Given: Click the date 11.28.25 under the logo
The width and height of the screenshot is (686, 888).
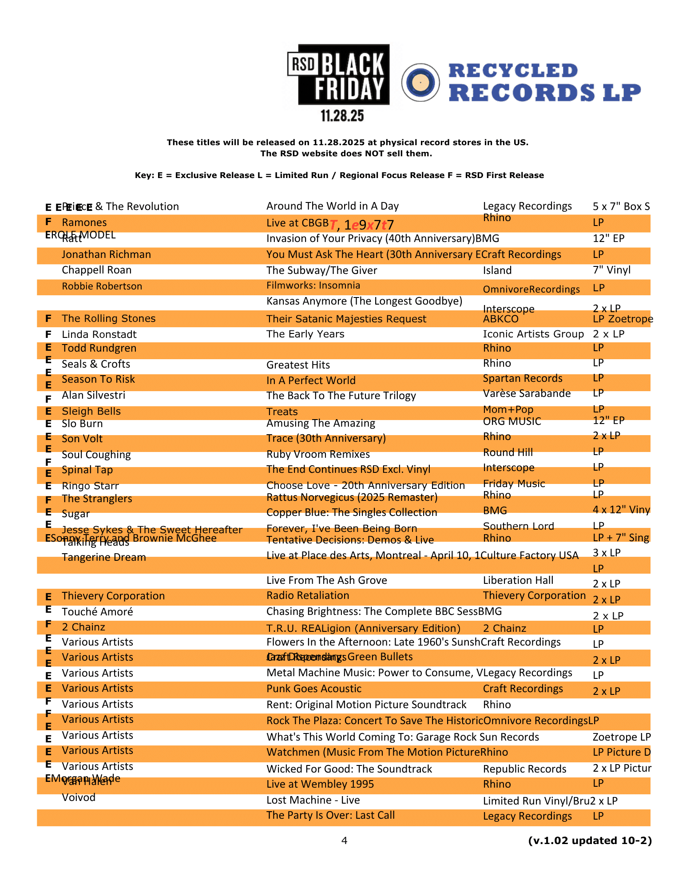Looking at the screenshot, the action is (x=342, y=116).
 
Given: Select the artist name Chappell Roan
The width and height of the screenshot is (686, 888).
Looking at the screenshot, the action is (x=96, y=270).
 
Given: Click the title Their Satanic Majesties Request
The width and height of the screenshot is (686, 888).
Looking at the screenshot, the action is (x=346, y=319).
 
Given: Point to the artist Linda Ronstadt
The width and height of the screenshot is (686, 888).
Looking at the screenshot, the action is (x=99, y=334).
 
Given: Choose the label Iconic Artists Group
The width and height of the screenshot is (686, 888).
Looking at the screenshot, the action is (x=533, y=334).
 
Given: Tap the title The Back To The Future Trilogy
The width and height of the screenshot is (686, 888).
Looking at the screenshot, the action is (x=341, y=396).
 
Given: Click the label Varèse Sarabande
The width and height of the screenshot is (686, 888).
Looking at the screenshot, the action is (x=527, y=393).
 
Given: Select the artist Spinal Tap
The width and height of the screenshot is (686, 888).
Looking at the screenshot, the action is (x=87, y=470).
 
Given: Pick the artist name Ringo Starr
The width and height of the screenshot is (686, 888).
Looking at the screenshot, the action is (x=90, y=486).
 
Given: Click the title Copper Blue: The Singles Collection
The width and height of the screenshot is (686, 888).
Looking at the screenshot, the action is (x=352, y=512).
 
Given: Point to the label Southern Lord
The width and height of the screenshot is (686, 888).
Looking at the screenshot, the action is (x=518, y=526).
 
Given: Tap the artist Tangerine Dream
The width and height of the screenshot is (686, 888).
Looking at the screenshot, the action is (x=103, y=557).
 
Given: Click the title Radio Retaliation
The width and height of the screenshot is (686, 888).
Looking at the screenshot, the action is (x=308, y=595).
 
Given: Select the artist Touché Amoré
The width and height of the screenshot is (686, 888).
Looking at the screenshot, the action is (x=97, y=612).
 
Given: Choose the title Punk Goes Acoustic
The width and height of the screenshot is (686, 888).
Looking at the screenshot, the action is (x=314, y=689).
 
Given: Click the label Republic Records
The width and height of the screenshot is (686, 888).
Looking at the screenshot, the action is (x=524, y=769).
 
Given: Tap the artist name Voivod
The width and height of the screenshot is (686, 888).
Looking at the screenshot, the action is (x=79, y=797).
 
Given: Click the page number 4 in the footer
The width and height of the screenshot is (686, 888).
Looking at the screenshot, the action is (x=344, y=840).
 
